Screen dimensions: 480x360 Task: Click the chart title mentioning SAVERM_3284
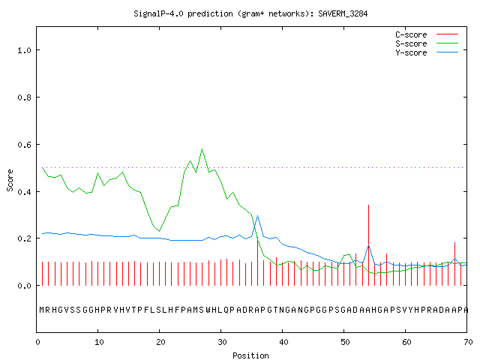(x=250, y=13)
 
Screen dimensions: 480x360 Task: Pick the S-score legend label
(x=411, y=43)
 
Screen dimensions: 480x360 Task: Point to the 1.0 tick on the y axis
(x=24, y=50)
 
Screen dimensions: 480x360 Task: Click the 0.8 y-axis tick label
(x=24, y=97)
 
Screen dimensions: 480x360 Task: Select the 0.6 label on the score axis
(x=24, y=145)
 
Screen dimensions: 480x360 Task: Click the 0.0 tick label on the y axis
(x=24, y=286)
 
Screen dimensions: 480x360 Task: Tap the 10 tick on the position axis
(x=99, y=342)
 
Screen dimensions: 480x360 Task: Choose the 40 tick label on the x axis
(x=283, y=342)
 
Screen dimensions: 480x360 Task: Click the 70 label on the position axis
(x=468, y=342)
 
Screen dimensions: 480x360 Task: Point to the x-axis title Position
(x=250, y=355)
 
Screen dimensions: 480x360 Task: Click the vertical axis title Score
(x=10, y=180)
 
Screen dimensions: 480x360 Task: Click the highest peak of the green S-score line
(x=202, y=149)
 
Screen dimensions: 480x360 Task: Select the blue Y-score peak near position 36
(x=258, y=216)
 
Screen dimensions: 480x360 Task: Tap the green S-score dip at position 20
(x=160, y=231)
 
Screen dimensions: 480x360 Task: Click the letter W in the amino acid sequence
(x=208, y=310)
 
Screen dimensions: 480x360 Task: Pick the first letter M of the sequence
(x=42, y=310)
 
